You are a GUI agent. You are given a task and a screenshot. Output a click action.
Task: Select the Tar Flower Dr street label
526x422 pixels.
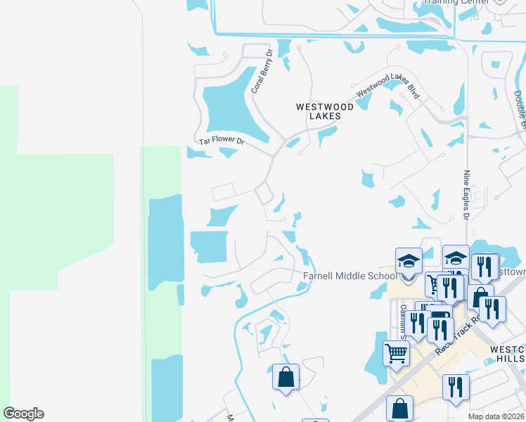pos(221,141)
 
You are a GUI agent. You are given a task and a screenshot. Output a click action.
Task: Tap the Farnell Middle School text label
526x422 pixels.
pos(349,276)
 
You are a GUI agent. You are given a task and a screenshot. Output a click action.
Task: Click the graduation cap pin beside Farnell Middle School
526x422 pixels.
pos(409,263)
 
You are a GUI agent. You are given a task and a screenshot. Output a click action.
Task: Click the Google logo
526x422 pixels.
pos(24,414)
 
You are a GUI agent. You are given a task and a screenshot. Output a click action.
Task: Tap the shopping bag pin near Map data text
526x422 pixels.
pos(399,408)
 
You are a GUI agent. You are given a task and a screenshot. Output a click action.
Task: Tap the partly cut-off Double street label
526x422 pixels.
pos(520,113)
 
